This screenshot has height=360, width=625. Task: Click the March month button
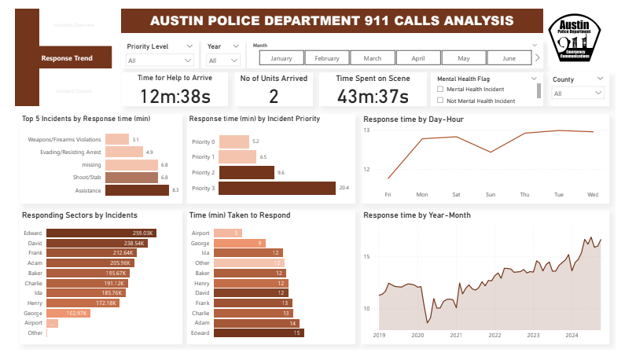click(x=373, y=58)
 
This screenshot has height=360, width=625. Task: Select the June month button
click(x=509, y=58)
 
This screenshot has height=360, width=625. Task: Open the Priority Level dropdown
click(x=160, y=60)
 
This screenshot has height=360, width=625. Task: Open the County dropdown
click(x=578, y=93)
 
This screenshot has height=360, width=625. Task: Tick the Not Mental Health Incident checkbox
click(x=439, y=101)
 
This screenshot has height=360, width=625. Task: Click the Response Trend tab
click(x=67, y=58)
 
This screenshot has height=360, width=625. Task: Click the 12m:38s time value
click(x=175, y=96)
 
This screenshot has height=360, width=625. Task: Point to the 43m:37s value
click(x=372, y=96)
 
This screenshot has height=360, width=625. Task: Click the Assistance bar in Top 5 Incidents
click(x=136, y=189)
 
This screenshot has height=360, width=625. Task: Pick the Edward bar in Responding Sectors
click(x=101, y=233)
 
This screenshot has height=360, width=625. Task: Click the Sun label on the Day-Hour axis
click(x=491, y=194)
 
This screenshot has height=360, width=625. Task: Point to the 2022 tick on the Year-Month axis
click(x=494, y=334)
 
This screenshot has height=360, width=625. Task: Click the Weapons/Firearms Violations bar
click(x=116, y=139)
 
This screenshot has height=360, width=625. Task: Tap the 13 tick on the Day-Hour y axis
click(x=366, y=130)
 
